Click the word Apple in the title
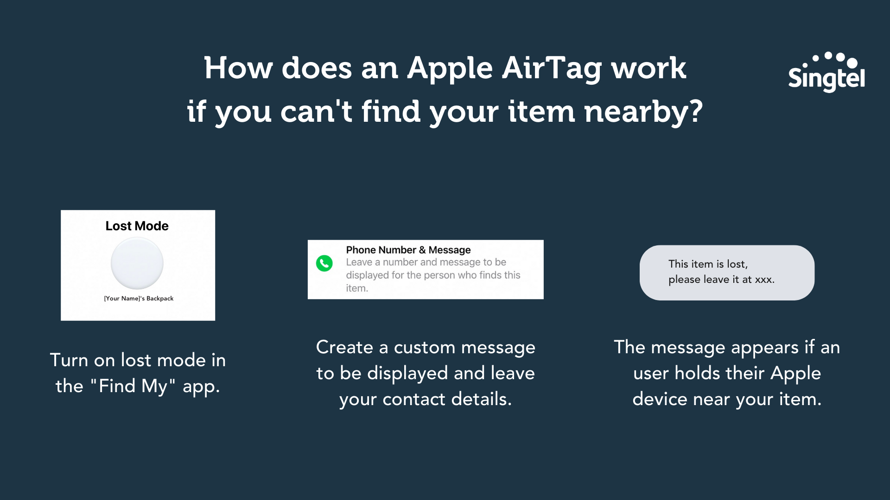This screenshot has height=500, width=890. click(x=450, y=69)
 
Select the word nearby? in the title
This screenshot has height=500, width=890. click(x=643, y=112)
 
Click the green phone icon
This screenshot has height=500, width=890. click(x=324, y=263)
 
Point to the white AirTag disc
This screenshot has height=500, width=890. click(x=137, y=263)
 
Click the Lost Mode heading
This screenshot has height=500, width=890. click(x=137, y=226)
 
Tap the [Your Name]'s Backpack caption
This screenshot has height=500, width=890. click(x=139, y=299)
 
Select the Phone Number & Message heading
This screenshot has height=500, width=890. click(x=408, y=250)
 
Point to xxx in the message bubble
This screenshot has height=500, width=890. click(x=764, y=280)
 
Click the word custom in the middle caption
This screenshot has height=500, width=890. click(x=425, y=348)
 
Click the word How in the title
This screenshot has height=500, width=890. click(x=238, y=69)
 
